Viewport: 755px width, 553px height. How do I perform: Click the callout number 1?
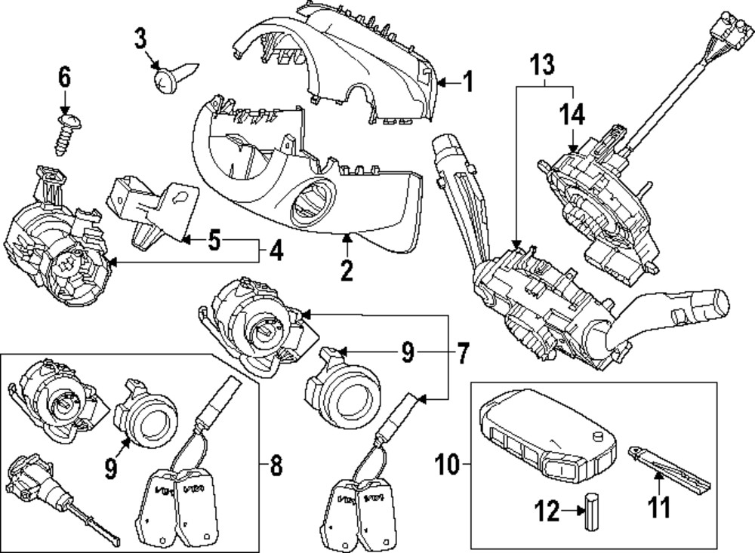click(467, 81)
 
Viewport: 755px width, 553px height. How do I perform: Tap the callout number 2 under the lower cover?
click(346, 269)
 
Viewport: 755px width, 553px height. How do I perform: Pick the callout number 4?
click(277, 250)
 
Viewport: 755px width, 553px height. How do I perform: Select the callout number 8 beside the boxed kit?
click(276, 467)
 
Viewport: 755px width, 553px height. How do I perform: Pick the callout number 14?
click(572, 115)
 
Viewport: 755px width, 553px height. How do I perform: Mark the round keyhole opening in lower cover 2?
click(310, 204)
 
